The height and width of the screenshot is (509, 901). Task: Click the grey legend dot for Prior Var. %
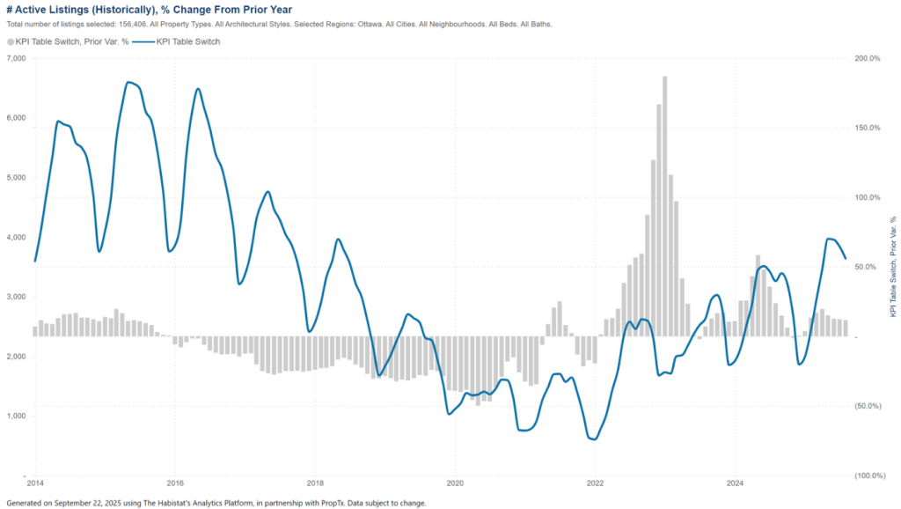coord(11,41)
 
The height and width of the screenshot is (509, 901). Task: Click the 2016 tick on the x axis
coord(175,483)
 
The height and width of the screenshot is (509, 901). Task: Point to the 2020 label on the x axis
coord(456,483)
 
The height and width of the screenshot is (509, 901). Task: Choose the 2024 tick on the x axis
coord(736,483)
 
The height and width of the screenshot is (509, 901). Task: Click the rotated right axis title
coord(893,267)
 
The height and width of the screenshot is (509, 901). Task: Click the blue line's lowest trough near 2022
coord(593,439)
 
